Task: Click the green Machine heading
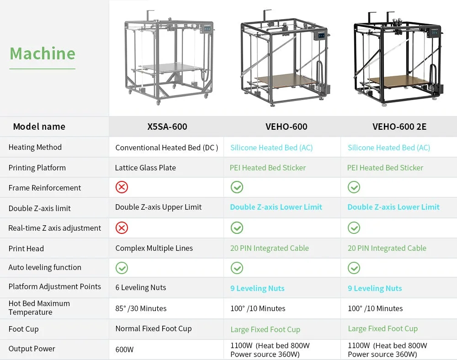click(x=43, y=53)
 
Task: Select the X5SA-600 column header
click(x=167, y=127)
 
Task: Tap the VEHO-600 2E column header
click(x=399, y=127)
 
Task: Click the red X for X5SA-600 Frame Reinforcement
click(x=122, y=187)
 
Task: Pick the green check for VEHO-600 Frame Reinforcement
click(x=237, y=187)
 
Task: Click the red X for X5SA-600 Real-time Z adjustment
click(x=122, y=228)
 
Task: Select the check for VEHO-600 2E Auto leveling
click(x=354, y=268)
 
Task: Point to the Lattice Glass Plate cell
click(x=145, y=168)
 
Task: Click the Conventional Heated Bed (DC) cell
click(x=166, y=148)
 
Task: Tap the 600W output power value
click(x=124, y=349)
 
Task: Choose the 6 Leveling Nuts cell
click(x=140, y=287)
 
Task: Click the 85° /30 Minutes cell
click(x=141, y=308)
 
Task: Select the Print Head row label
click(x=26, y=249)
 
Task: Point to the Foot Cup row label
click(x=23, y=329)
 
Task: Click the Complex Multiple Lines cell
click(x=154, y=248)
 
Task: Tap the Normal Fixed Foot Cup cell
click(x=154, y=328)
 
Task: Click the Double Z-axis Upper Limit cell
click(x=158, y=207)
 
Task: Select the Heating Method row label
click(x=35, y=147)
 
